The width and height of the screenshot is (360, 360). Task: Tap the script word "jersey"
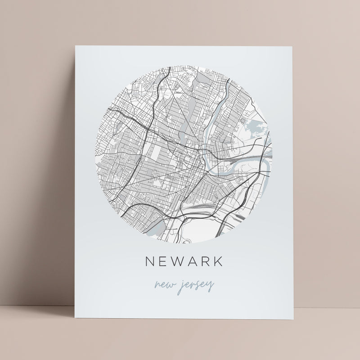(x=194, y=285)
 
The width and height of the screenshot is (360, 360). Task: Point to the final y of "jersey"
(x=211, y=286)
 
